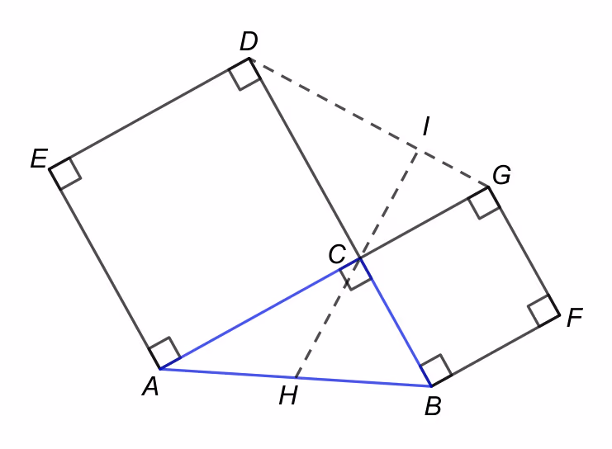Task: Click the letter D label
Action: click(249, 41)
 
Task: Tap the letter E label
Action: click(40, 158)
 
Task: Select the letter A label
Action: click(150, 386)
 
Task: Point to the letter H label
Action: click(288, 395)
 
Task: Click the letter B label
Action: click(433, 406)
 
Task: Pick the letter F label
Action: click(575, 317)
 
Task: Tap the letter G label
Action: click(501, 174)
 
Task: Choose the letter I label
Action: click(426, 125)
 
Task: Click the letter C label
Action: click(337, 254)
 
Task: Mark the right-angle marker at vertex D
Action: click(244, 74)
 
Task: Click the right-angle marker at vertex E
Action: click(65, 173)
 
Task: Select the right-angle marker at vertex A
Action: click(164, 352)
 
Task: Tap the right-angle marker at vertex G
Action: click(484, 203)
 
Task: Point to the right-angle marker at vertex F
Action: click(543, 310)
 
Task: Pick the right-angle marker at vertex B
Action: click(436, 371)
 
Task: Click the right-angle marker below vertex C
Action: click(355, 274)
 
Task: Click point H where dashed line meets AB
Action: click(297, 378)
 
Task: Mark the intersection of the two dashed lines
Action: click(417, 150)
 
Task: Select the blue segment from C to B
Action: click(396, 322)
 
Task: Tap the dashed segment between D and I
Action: click(333, 104)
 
